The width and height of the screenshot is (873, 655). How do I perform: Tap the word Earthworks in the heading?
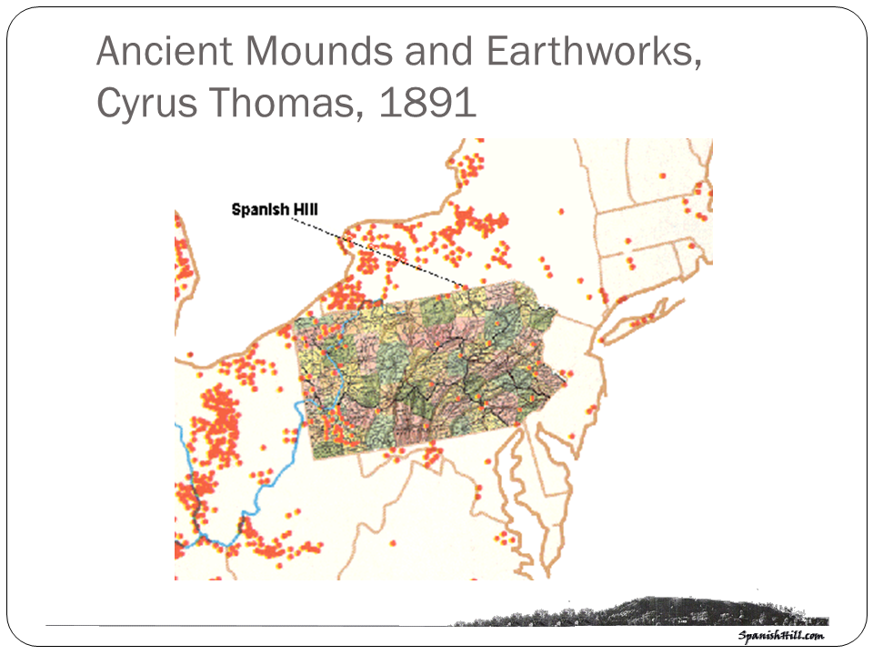tap(593, 53)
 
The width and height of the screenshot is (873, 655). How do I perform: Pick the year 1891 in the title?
tap(427, 104)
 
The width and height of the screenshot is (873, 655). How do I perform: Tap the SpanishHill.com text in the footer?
tap(780, 636)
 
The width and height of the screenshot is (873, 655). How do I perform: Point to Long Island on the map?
tap(646, 318)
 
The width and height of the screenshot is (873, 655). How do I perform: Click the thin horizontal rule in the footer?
tap(246, 625)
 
